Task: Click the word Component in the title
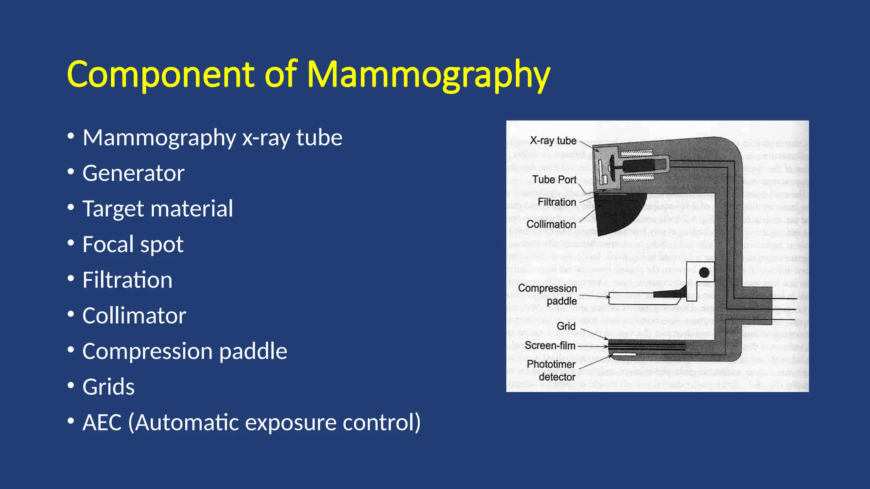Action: click(x=161, y=75)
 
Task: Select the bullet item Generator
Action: click(x=133, y=173)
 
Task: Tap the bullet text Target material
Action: click(x=158, y=209)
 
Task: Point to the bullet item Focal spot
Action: click(x=133, y=244)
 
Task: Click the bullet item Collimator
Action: click(x=134, y=316)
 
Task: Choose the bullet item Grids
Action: click(x=109, y=387)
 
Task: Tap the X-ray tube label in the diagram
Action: click(x=553, y=141)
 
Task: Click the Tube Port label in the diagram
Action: click(x=554, y=180)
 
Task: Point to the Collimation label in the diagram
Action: click(x=551, y=224)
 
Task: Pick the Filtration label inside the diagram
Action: click(x=556, y=202)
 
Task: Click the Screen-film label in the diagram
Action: click(x=550, y=346)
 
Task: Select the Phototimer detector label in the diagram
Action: click(x=551, y=370)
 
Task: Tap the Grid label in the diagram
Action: click(x=566, y=326)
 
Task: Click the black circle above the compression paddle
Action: click(x=704, y=273)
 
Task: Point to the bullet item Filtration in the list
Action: click(x=127, y=280)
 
